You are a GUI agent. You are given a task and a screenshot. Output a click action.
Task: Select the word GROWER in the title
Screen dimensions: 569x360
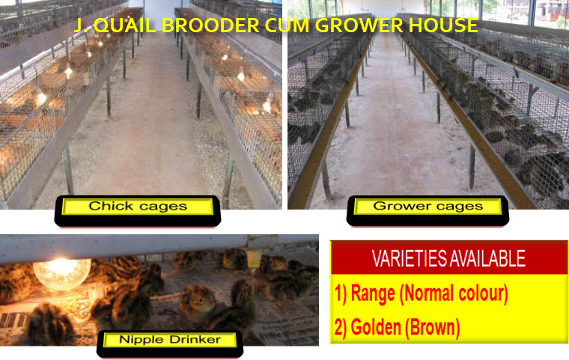coord(359,25)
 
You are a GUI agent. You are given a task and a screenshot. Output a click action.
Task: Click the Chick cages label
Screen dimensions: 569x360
coord(138,207)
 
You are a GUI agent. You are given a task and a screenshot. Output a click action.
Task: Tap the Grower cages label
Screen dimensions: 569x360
coord(427,207)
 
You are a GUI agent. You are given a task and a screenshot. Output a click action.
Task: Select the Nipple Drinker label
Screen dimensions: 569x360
coord(170,340)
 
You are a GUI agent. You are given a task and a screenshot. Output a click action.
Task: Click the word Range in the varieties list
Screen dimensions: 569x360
coord(373,294)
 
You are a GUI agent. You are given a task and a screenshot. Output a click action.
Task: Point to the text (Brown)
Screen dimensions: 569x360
coord(432,327)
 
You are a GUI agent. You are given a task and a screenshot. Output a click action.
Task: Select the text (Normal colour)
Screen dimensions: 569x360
coord(453,294)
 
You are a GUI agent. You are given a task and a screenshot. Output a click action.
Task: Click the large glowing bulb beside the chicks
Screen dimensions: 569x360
coord(62,273)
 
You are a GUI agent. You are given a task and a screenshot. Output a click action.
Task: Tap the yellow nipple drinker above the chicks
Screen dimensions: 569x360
coord(253,259)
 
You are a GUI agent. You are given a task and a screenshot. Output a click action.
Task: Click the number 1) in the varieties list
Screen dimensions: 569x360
coord(341,294)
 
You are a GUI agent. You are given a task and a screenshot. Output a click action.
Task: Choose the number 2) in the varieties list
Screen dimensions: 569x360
coord(341,327)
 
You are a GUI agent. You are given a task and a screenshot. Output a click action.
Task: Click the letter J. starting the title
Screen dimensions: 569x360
coord(80,25)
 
